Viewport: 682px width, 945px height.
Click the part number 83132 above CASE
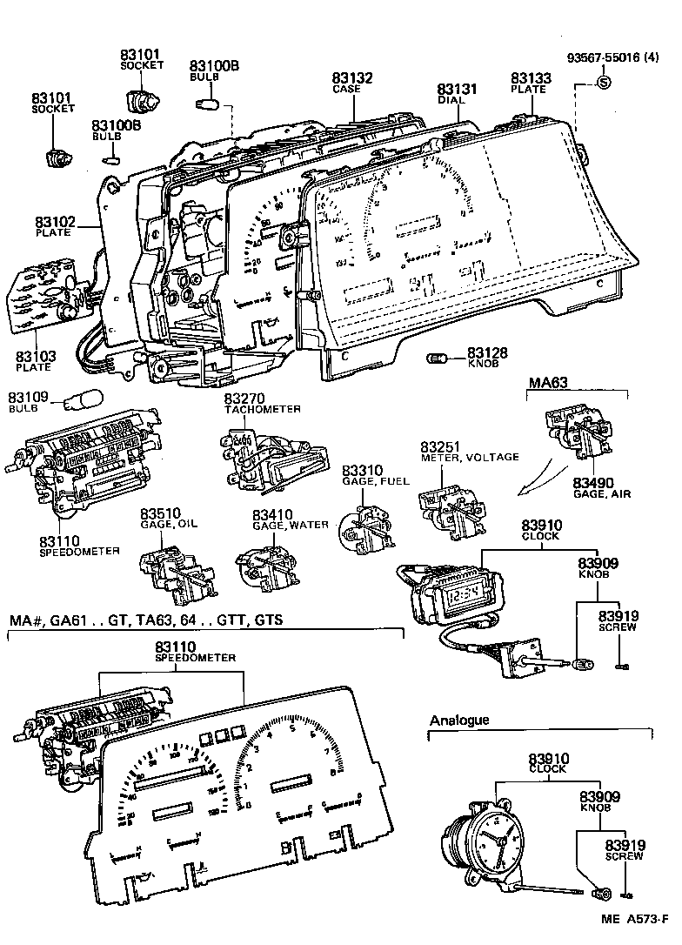point(352,78)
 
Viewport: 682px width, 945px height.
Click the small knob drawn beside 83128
point(438,357)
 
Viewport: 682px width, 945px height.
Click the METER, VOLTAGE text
point(470,458)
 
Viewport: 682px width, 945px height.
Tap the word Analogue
point(459,720)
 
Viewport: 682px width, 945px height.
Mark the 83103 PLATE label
point(34,361)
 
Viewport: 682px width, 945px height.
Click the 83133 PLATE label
point(528,83)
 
